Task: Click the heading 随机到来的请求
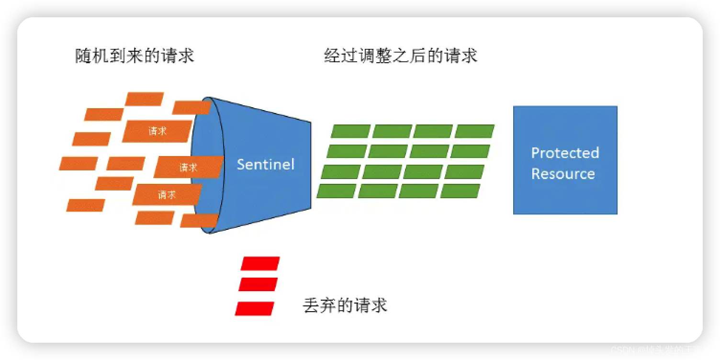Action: pyautogui.click(x=135, y=56)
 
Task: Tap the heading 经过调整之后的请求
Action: pyautogui.click(x=401, y=56)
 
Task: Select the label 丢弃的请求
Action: pyautogui.click(x=345, y=305)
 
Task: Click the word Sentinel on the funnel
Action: pyautogui.click(x=266, y=164)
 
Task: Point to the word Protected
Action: pyautogui.click(x=565, y=153)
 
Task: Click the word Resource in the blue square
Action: pyautogui.click(x=563, y=173)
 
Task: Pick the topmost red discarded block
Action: pyautogui.click(x=260, y=263)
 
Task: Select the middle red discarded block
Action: pyautogui.click(x=258, y=284)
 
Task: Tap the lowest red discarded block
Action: pyautogui.click(x=255, y=308)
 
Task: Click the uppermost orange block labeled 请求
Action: pyautogui.click(x=157, y=131)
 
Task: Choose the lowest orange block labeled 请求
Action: pyautogui.click(x=167, y=195)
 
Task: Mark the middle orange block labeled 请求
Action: pyautogui.click(x=188, y=167)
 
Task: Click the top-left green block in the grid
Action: pyautogui.click(x=351, y=131)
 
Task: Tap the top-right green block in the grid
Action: pyautogui.click(x=474, y=131)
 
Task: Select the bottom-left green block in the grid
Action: pyautogui.click(x=337, y=191)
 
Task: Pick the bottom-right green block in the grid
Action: pyautogui.click(x=460, y=191)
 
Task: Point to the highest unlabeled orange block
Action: pyautogui.click(x=144, y=99)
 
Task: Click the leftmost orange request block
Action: pyautogui.click(x=79, y=163)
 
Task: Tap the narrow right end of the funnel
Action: pyautogui.click(x=309, y=165)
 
